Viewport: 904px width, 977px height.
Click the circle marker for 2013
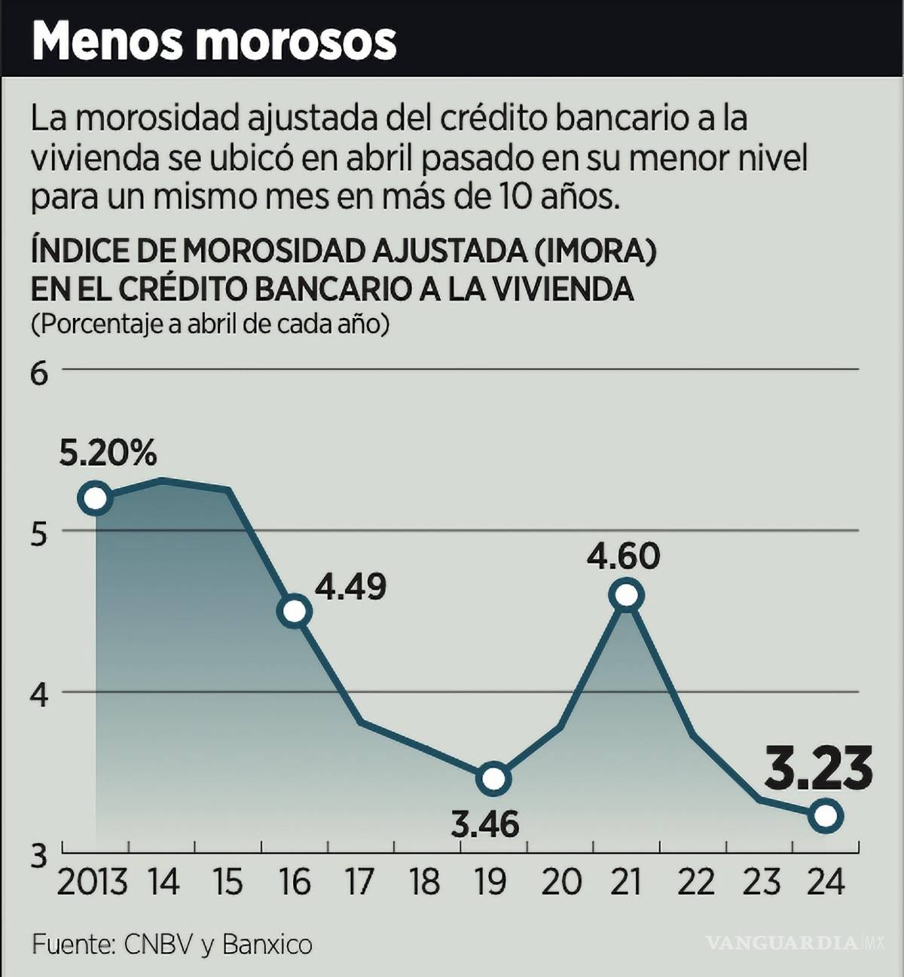(x=95, y=499)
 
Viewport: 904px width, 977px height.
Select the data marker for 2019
(x=493, y=778)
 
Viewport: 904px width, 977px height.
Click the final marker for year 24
(x=826, y=815)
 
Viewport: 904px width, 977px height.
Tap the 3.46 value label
(x=485, y=824)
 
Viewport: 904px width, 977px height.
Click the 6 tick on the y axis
(x=38, y=373)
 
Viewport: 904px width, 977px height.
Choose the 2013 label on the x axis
(x=92, y=881)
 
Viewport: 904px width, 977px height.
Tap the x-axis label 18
(x=426, y=881)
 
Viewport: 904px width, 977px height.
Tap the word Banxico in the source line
(x=267, y=944)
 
